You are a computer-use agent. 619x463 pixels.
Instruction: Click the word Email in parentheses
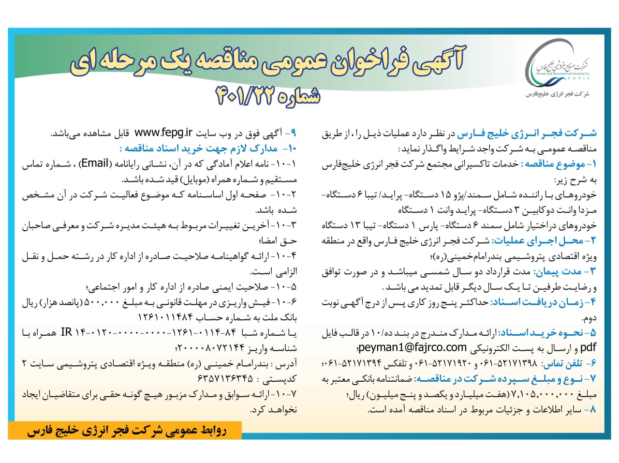[94, 164]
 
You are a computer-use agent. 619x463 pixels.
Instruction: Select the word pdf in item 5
[588, 348]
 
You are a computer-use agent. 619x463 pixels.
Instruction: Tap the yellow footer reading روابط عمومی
[126, 431]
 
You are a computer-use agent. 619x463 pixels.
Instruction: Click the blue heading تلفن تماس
[566, 363]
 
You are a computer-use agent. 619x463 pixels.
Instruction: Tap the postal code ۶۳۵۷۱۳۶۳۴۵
[225, 378]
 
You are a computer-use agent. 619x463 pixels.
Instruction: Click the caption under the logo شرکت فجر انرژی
[557, 95]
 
